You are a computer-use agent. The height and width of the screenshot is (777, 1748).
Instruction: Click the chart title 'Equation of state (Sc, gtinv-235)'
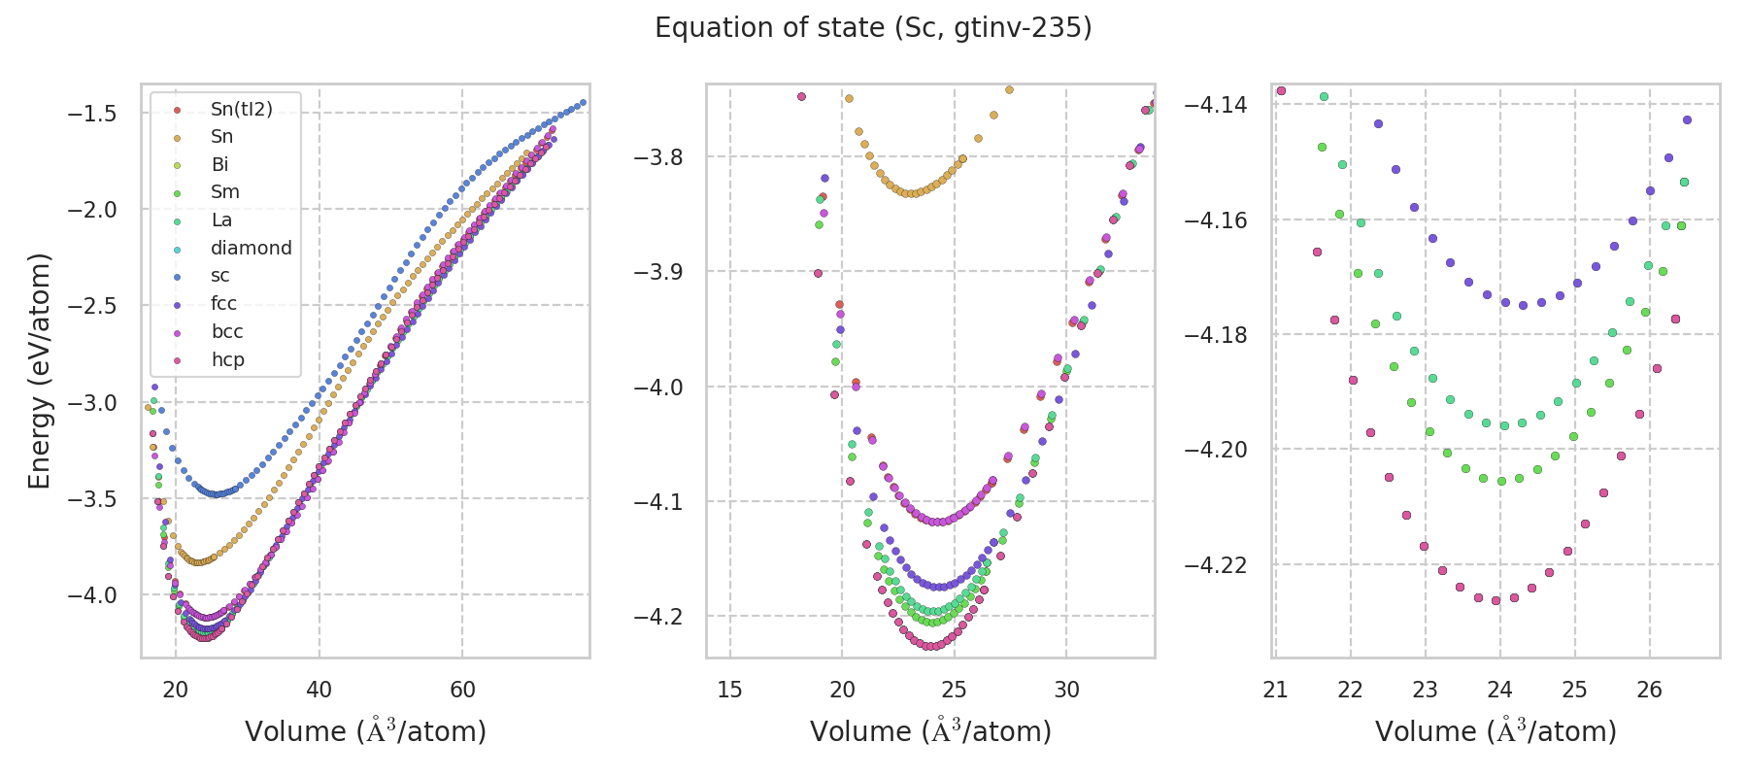[x=873, y=28]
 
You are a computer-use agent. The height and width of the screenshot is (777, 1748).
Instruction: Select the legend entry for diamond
[x=251, y=248]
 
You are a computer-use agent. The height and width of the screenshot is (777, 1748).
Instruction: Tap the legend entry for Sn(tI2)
[x=241, y=109]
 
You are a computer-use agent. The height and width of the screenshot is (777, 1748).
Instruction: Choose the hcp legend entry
[x=227, y=359]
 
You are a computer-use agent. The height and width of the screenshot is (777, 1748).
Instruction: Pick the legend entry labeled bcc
[x=226, y=331]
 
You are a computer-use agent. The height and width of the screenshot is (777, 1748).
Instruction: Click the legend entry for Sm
[x=224, y=192]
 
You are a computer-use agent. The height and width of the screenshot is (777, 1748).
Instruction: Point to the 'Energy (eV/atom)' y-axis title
[x=39, y=371]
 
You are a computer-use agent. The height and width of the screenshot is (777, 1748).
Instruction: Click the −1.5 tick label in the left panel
[x=91, y=114]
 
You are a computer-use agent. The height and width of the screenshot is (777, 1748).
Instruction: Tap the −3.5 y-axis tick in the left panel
[x=91, y=499]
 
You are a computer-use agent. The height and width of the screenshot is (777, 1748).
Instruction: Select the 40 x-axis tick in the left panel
[x=319, y=690]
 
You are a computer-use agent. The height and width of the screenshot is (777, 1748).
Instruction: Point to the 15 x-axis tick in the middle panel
[x=729, y=690]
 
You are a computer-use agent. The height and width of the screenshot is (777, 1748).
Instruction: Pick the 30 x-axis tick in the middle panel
[x=1066, y=690]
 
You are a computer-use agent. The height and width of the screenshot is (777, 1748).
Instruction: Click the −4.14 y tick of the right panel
[x=1215, y=105]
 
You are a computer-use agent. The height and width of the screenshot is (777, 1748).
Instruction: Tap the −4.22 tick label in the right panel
[x=1215, y=565]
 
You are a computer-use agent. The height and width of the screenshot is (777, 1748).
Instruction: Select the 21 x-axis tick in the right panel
[x=1275, y=690]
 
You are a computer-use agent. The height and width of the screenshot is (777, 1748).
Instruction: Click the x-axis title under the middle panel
[x=930, y=731]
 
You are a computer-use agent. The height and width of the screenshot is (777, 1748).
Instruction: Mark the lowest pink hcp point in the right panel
[x=1496, y=600]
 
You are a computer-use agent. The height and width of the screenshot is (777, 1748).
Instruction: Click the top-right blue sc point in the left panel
[x=583, y=103]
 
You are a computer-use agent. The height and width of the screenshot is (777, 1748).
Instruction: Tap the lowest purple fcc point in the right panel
[x=1523, y=305]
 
